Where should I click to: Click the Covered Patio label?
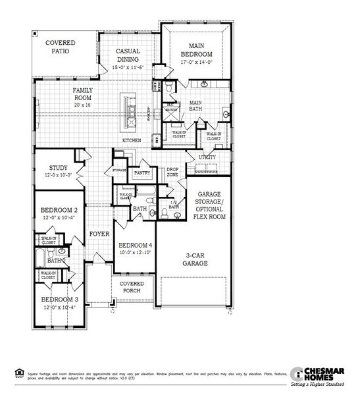(60, 47)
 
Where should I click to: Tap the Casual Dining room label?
(128, 55)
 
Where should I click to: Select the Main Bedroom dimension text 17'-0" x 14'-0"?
(197, 63)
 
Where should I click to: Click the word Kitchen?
(132, 141)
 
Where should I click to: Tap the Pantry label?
(142, 172)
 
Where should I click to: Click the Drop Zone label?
(172, 171)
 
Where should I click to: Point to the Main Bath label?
(195, 107)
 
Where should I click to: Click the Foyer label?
(99, 233)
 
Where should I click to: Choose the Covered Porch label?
(132, 288)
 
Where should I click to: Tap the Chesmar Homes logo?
(322, 375)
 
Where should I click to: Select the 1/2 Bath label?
(172, 205)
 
